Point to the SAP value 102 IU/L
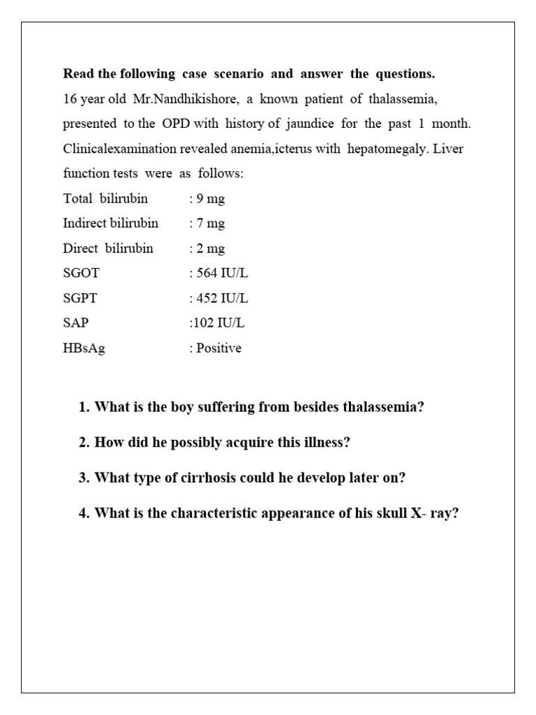coord(218,323)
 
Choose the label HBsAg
coord(84,348)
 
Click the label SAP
coord(76,323)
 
